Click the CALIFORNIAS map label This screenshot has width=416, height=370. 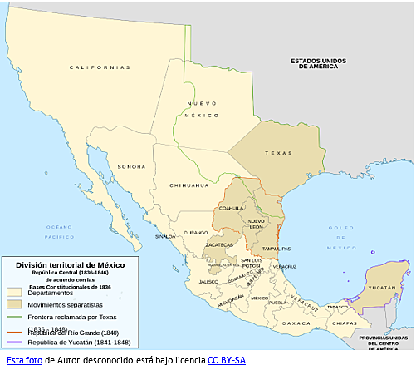click(100, 67)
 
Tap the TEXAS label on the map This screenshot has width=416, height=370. click(278, 153)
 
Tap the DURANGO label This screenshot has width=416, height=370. click(197, 233)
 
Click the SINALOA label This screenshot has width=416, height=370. click(165, 236)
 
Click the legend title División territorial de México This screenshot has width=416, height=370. click(64, 264)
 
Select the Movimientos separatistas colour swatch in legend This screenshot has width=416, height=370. click(14, 305)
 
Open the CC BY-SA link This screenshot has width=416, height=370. click(226, 360)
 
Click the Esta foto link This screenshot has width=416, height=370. click(24, 360)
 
